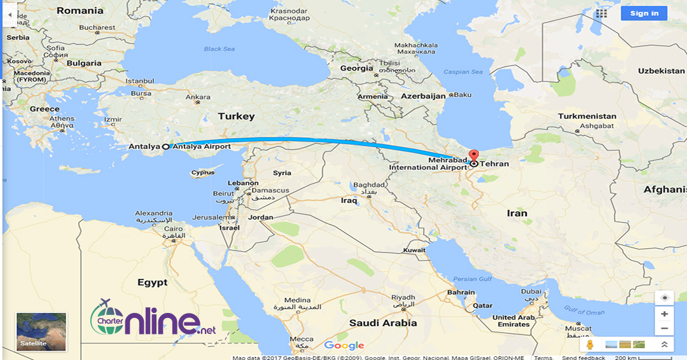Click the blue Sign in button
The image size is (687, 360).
(644, 13)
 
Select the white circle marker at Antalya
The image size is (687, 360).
(166, 147)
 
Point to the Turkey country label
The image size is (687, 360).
(236, 116)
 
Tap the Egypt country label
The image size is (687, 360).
(153, 282)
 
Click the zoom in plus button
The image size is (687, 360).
(664, 314)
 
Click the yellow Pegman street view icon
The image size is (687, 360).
(590, 344)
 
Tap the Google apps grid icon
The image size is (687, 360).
(601, 13)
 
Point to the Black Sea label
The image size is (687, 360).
(219, 49)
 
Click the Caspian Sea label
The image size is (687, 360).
(463, 72)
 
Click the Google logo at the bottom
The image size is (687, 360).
(343, 345)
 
